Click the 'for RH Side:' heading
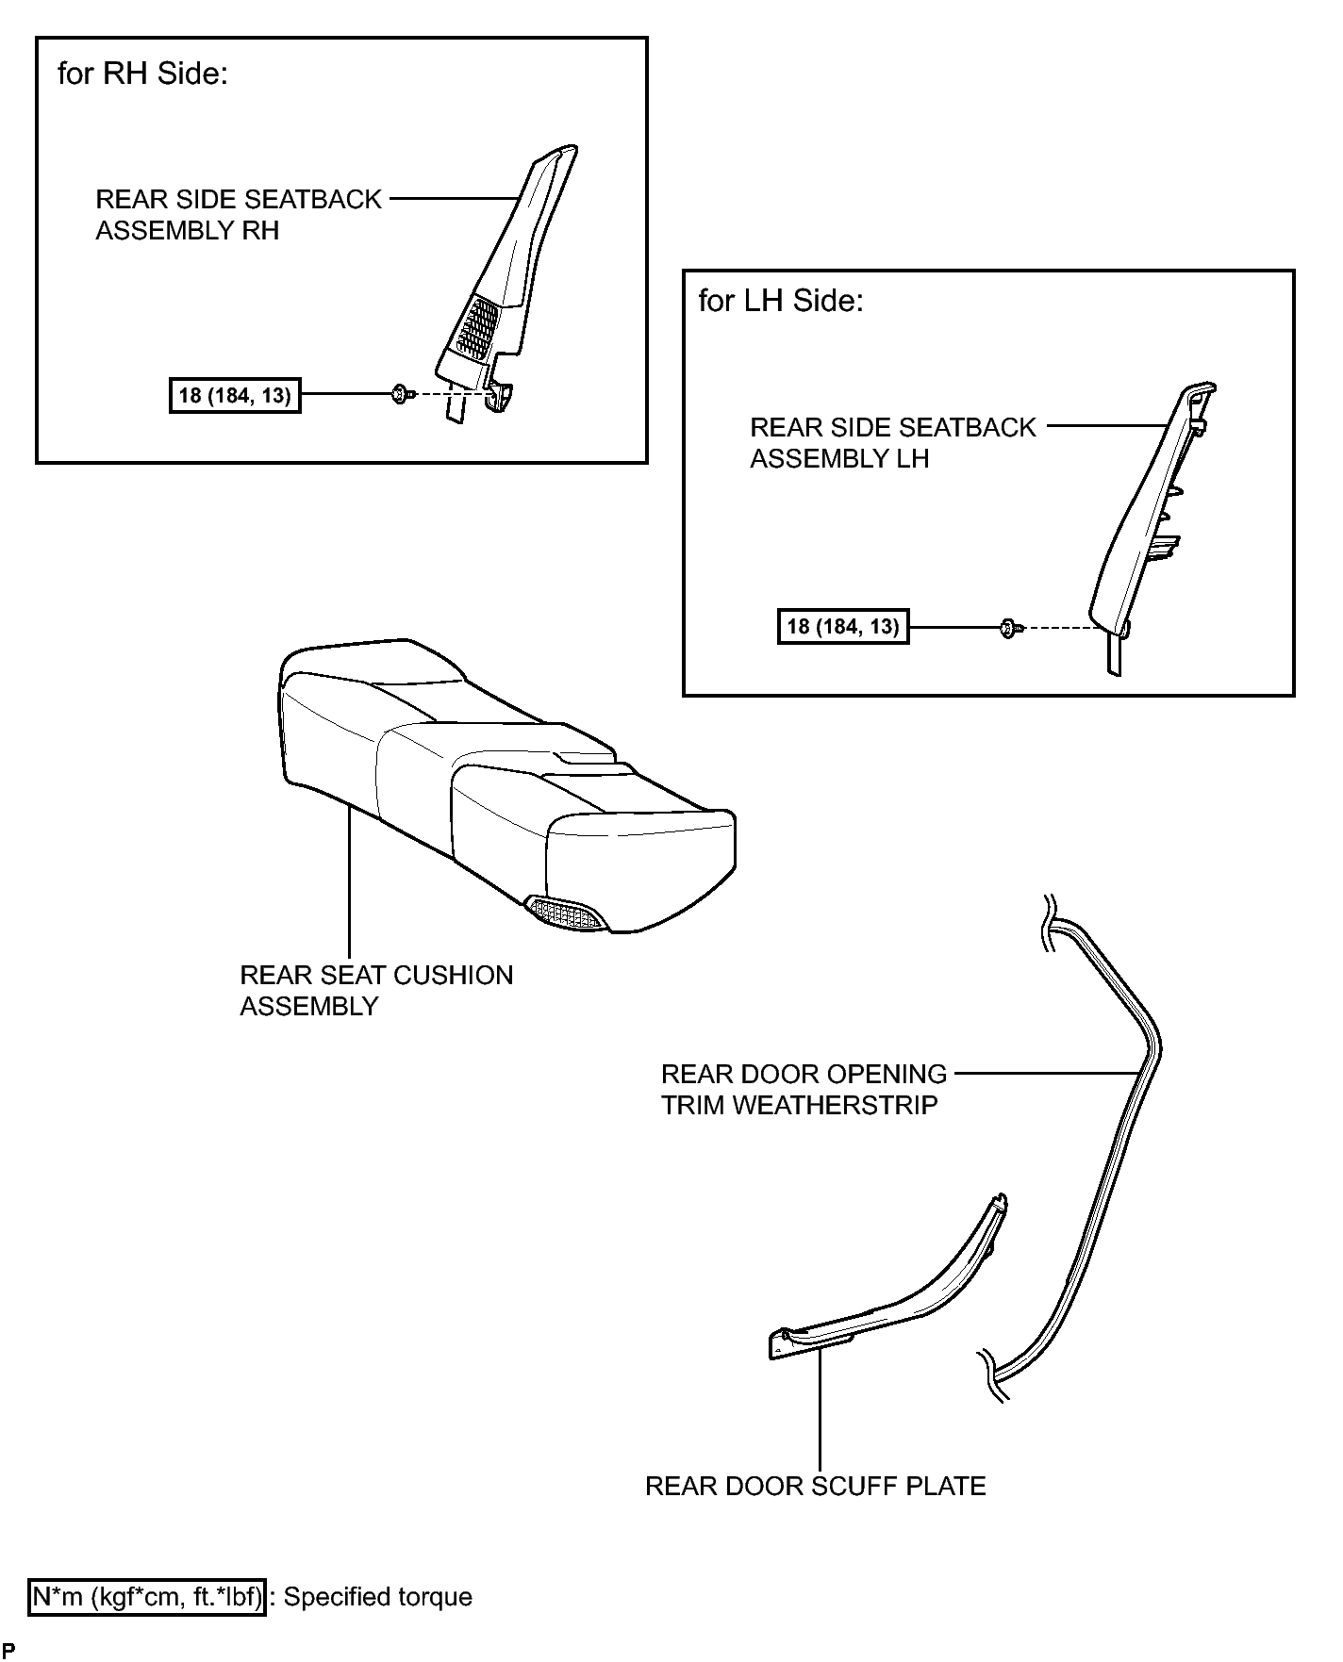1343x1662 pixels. tap(142, 74)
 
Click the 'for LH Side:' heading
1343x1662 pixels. tap(781, 301)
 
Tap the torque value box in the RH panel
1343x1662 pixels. tap(235, 395)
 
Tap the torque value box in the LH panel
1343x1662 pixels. tap(843, 626)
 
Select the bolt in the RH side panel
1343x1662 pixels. tap(400, 394)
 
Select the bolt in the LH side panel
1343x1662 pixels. tap(1008, 627)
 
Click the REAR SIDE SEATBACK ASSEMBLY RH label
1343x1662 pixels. tap(239, 215)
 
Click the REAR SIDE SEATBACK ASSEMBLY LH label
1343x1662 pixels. tap(893, 443)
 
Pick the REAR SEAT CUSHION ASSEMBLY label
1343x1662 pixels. tap(376, 991)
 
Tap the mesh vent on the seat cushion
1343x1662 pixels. tap(567, 913)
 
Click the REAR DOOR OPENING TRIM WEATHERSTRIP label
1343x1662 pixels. tap(804, 1090)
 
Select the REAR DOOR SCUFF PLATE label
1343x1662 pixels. tap(816, 1487)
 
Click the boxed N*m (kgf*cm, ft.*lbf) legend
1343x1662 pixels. tap(147, 1597)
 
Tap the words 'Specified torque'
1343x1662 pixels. tap(378, 1598)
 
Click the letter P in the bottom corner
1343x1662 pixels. tap(8, 1650)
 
